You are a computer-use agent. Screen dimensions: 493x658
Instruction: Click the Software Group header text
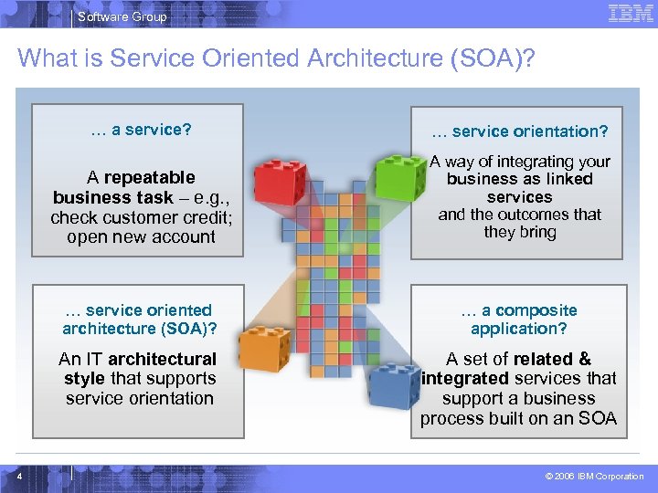[122, 16]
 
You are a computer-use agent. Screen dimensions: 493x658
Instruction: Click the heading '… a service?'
[141, 130]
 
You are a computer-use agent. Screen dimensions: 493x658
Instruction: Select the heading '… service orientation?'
[520, 131]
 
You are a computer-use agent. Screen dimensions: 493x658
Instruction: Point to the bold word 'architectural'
[162, 359]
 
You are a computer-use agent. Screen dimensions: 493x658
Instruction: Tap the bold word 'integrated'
[465, 378]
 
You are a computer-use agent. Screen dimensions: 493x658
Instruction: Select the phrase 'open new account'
[141, 237]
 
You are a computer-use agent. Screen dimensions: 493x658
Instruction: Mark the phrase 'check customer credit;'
[141, 217]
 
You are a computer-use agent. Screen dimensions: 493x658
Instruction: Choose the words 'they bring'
[520, 232]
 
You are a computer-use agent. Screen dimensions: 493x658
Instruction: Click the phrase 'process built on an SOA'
[518, 419]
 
